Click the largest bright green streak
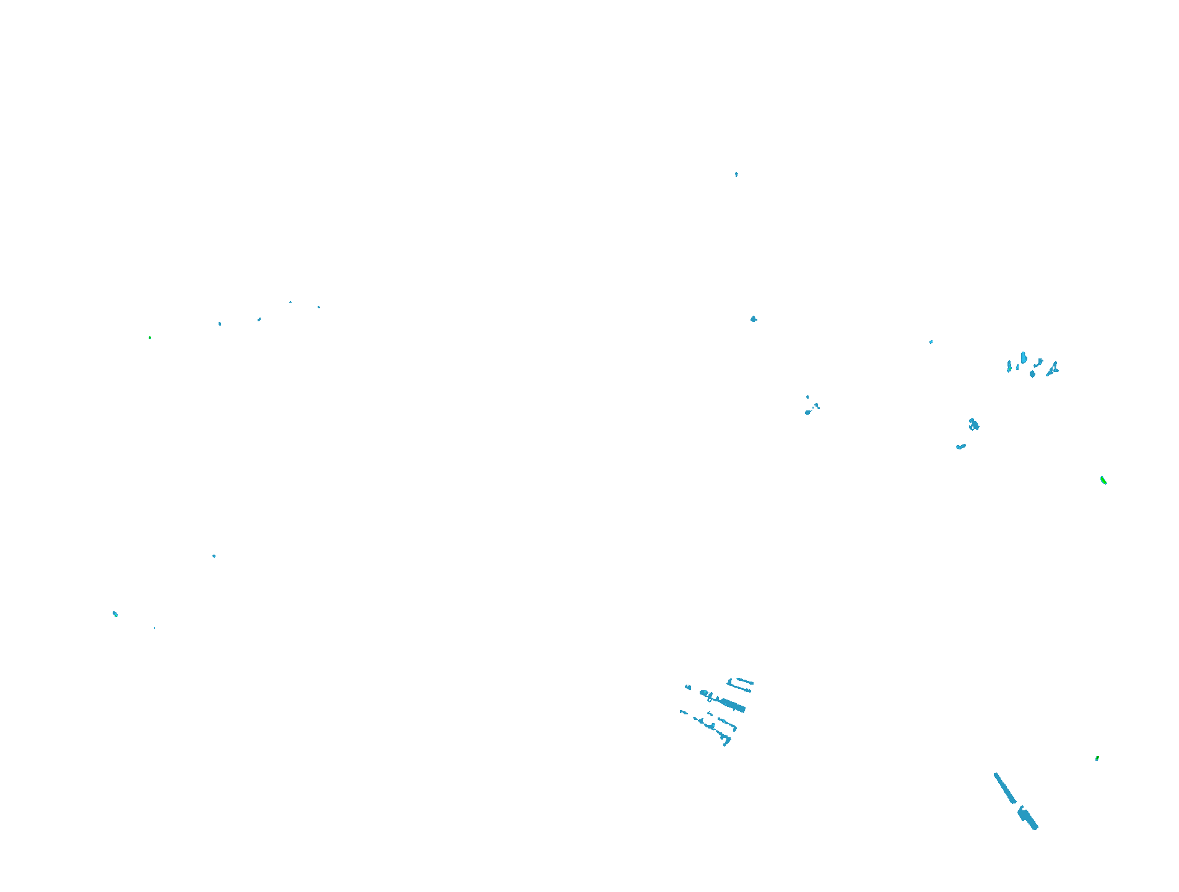pos(1103,480)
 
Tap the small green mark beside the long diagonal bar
pos(1097,758)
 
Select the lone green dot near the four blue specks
pos(150,338)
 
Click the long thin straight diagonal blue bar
pos(1004,788)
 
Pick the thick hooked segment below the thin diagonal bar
pos(1028,818)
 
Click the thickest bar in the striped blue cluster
pos(733,706)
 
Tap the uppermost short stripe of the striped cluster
pos(740,682)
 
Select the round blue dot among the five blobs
pos(1032,374)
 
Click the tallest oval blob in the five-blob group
pos(1024,358)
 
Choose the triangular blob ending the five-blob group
pos(1053,369)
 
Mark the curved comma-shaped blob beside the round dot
pos(1038,362)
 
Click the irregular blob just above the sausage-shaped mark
pos(974,425)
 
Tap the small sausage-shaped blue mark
pos(961,446)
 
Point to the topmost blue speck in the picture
pos(736,175)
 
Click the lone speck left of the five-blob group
pos(931,342)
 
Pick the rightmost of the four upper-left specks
pos(319,307)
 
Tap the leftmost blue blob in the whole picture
pos(115,614)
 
